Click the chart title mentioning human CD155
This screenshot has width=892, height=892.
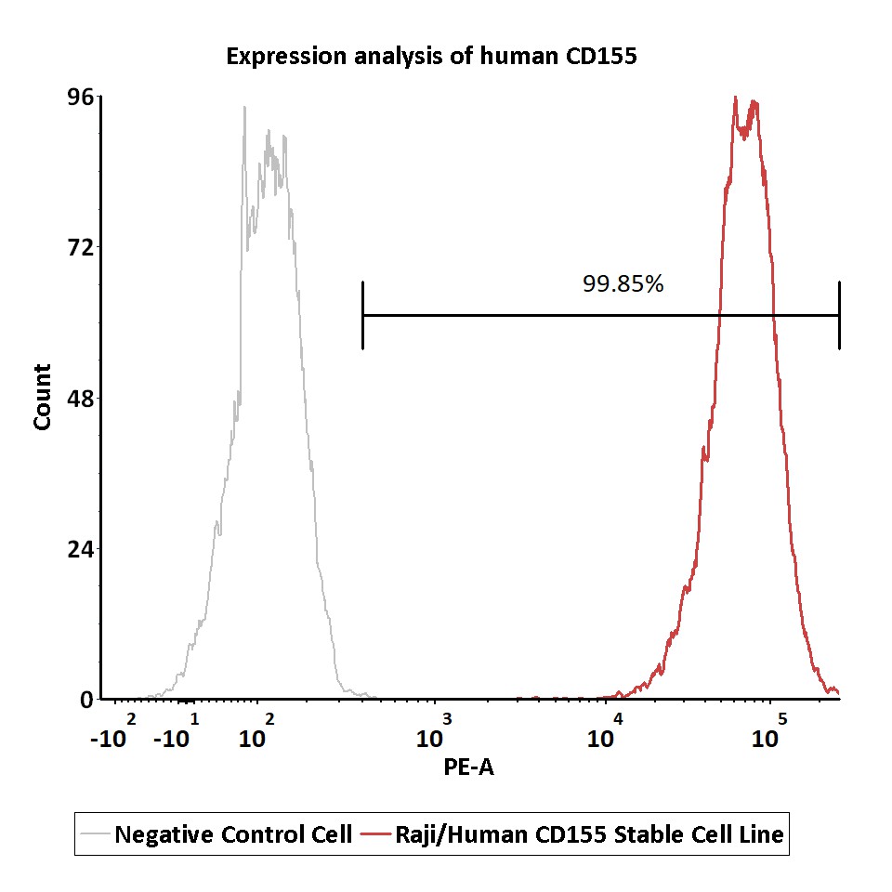click(x=431, y=57)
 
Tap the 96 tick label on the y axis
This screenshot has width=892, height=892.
click(x=80, y=98)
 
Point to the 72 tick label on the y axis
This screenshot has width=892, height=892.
click(x=80, y=247)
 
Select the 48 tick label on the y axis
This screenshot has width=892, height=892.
click(x=80, y=399)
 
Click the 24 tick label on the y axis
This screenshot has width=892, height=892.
click(x=80, y=549)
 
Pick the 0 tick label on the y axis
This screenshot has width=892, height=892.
click(x=86, y=700)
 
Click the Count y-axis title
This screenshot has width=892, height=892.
click(x=42, y=397)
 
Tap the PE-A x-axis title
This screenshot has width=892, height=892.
click(x=468, y=767)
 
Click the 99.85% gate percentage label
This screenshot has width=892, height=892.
click(x=623, y=283)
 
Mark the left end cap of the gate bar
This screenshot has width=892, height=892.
click(x=362, y=315)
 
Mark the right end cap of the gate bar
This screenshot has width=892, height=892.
click(x=839, y=315)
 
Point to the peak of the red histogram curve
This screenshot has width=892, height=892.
click(x=735, y=98)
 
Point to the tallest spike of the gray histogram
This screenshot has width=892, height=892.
click(x=244, y=108)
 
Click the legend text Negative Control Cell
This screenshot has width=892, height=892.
click(x=233, y=834)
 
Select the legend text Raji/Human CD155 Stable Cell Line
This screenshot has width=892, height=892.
click(x=589, y=834)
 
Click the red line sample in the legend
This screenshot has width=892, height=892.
click(x=376, y=834)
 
